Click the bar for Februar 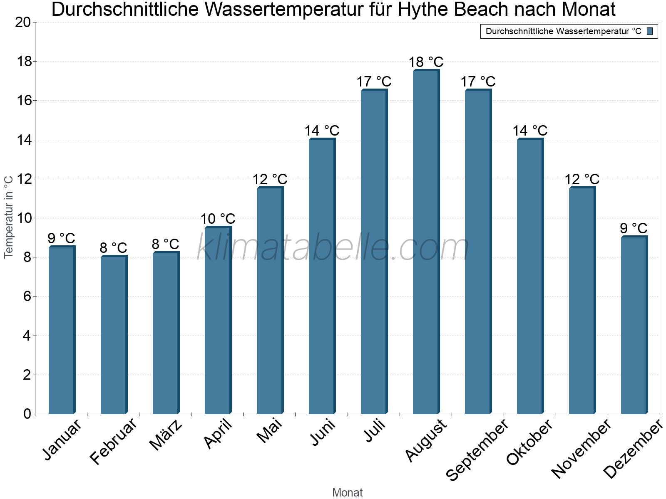(x=114, y=335)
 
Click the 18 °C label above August (x=426, y=62)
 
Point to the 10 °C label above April (x=218, y=219)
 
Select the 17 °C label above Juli (x=374, y=82)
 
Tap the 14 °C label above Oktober (x=530, y=131)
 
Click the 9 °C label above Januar (x=61, y=239)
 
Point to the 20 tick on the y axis (x=23, y=22)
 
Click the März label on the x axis (x=166, y=435)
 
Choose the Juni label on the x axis (x=322, y=433)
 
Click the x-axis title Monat (x=348, y=493)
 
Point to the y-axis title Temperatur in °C (x=9, y=217)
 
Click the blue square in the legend (x=650, y=31)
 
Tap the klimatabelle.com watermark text (x=333, y=248)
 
